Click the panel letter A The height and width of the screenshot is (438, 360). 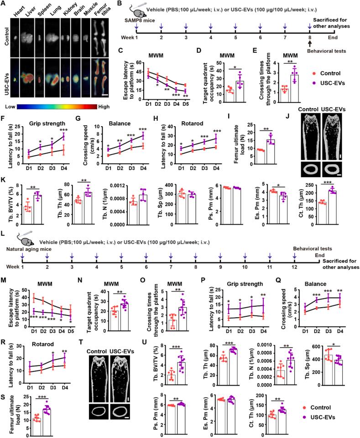click(4, 4)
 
